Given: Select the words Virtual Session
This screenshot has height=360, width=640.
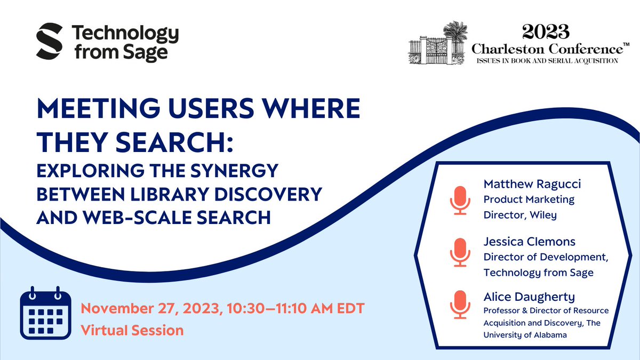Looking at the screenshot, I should click(x=132, y=330).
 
